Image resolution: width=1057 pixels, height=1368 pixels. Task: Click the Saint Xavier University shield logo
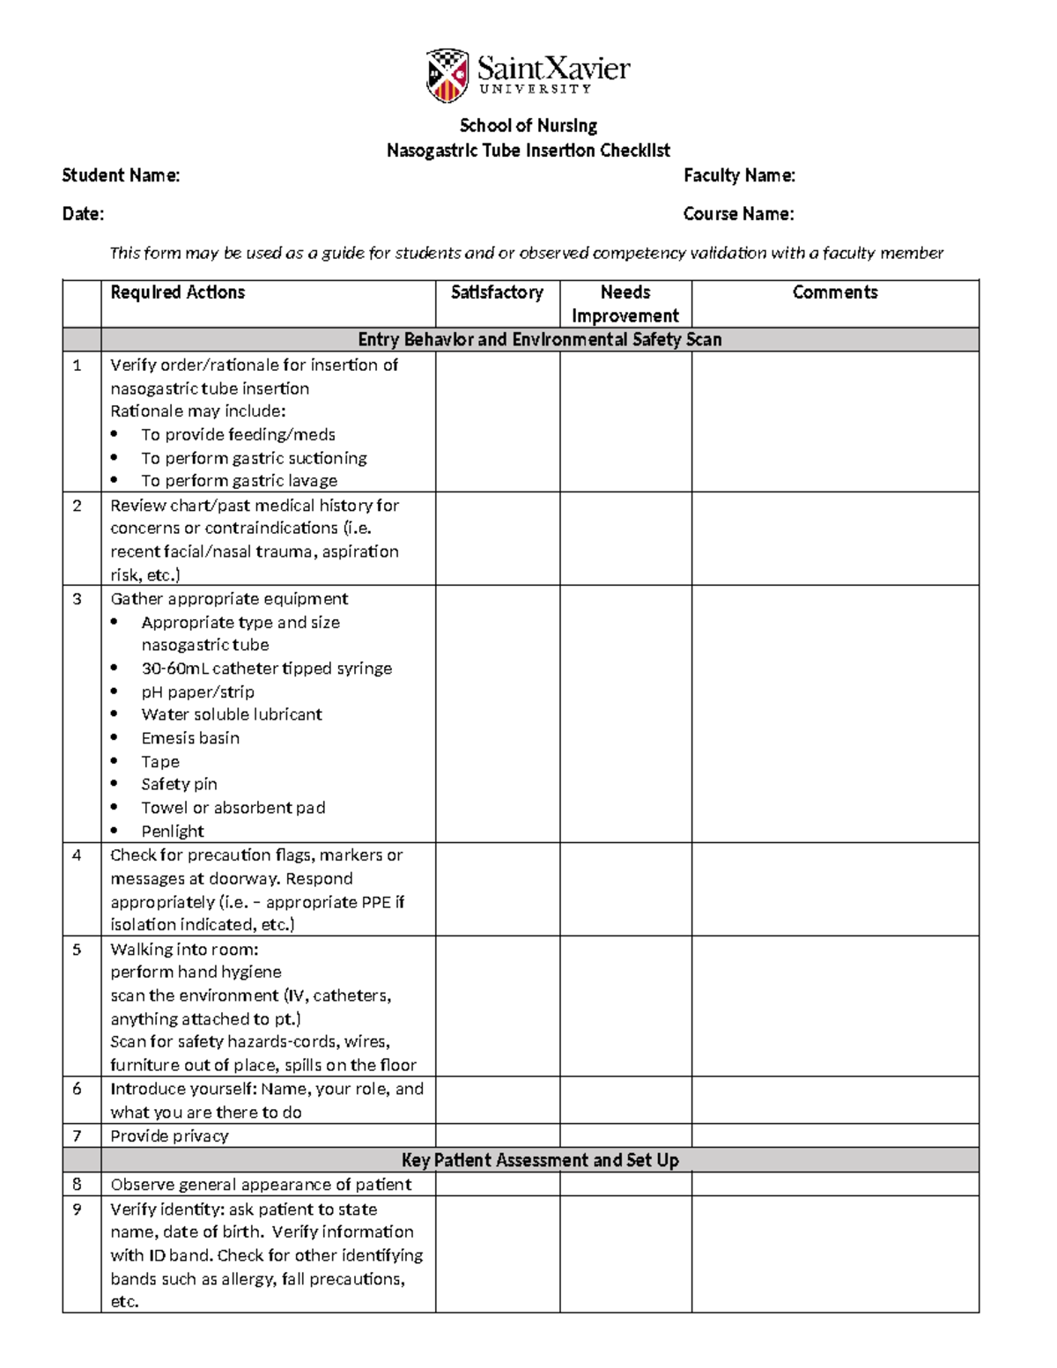pyautogui.click(x=447, y=75)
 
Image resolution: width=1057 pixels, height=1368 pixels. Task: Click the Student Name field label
pyautogui.click(x=121, y=175)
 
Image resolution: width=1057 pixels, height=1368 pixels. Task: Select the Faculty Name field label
pyautogui.click(x=739, y=175)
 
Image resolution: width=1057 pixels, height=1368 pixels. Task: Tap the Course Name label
pyautogui.click(x=738, y=214)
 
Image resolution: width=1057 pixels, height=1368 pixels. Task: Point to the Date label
pyautogui.click(x=83, y=214)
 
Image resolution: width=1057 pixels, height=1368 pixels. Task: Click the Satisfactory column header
pyautogui.click(x=497, y=292)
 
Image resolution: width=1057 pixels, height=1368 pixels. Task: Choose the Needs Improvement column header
pyautogui.click(x=625, y=304)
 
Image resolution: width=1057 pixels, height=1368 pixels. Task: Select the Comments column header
pyautogui.click(x=834, y=292)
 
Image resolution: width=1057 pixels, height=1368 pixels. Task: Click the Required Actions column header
pyautogui.click(x=177, y=292)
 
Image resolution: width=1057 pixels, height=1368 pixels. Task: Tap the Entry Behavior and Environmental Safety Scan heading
pyautogui.click(x=539, y=340)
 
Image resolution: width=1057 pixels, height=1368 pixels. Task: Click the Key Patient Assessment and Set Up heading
pyautogui.click(x=539, y=1160)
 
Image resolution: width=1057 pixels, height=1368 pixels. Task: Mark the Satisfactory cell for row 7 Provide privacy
pyautogui.click(x=497, y=1135)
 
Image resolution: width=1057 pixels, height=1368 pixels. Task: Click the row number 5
pyautogui.click(x=78, y=950)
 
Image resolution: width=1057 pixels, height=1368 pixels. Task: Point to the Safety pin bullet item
pyautogui.click(x=179, y=784)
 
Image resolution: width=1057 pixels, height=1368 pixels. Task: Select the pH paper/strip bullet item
pyautogui.click(x=197, y=691)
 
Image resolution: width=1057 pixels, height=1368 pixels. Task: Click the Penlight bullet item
pyautogui.click(x=173, y=831)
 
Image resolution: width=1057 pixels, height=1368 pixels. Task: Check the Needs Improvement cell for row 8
pyautogui.click(x=625, y=1184)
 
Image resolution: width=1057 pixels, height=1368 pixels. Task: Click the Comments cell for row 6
pyautogui.click(x=834, y=1100)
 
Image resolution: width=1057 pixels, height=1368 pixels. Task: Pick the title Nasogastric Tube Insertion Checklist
pyautogui.click(x=528, y=151)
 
